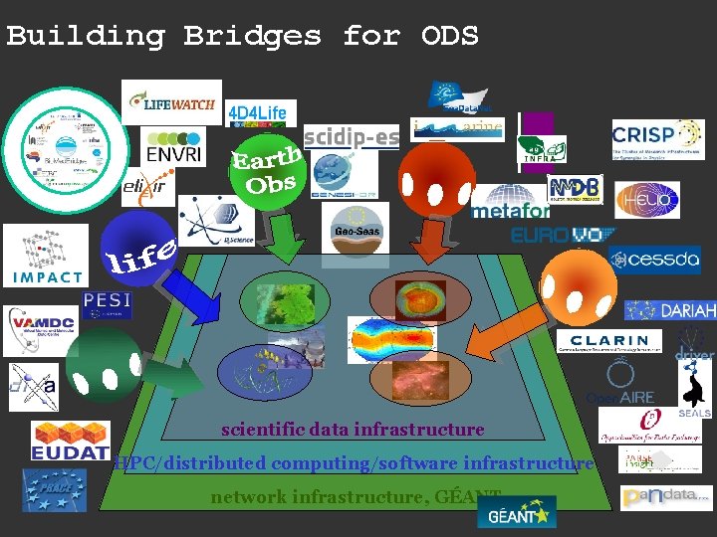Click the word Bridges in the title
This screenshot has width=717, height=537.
[x=252, y=37]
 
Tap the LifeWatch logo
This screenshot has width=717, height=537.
[x=171, y=102]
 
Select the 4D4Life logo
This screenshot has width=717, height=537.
[x=256, y=112]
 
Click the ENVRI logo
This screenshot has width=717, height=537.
[x=173, y=151]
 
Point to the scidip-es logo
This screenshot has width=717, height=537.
[x=352, y=135]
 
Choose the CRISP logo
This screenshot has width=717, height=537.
[x=657, y=138]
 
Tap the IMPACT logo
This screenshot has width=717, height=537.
[x=45, y=255]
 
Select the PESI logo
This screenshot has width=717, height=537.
[x=107, y=302]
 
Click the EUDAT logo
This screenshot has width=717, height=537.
[x=70, y=441]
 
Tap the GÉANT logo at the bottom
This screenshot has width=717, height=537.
[x=516, y=512]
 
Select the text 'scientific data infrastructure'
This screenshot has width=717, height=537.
[x=353, y=430]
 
